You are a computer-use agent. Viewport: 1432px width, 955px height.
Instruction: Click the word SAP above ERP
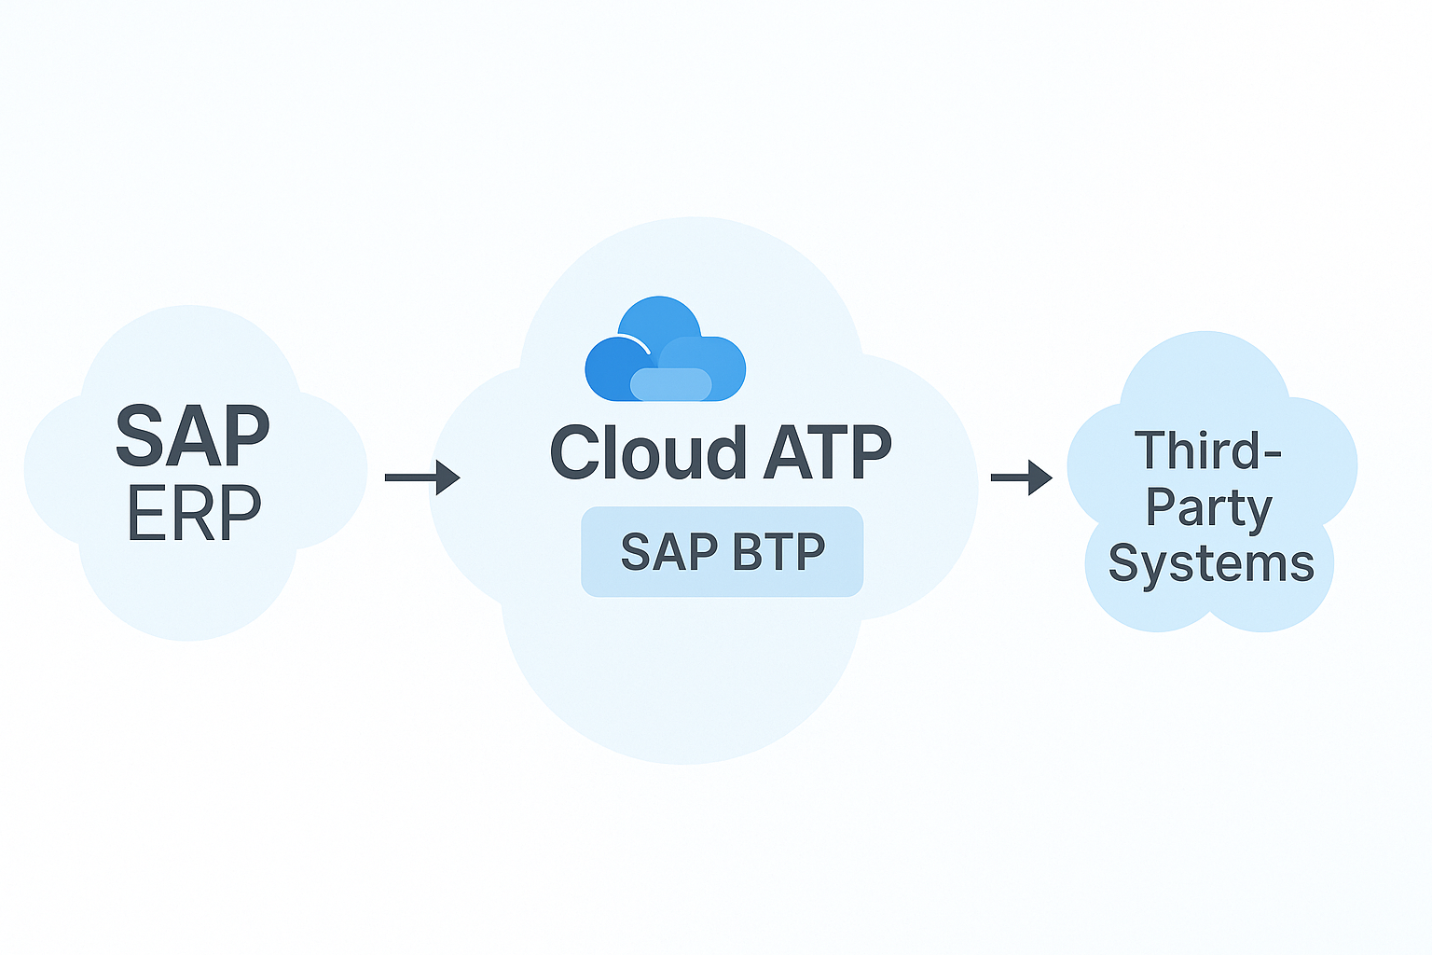[193, 436]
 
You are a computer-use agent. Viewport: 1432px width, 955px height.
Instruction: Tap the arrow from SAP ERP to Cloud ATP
[421, 477]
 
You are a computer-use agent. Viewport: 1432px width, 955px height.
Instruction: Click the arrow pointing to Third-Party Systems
[1021, 477]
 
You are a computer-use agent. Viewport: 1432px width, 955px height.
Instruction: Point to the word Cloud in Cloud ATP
[648, 453]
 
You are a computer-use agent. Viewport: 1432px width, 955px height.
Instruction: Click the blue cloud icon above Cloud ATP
[665, 350]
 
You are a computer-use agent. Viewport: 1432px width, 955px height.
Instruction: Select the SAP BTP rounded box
[723, 551]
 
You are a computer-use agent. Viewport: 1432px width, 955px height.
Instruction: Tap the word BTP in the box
[779, 552]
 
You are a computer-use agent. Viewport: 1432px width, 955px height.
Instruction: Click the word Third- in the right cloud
[1208, 450]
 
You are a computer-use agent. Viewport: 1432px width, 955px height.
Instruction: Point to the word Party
[1208, 509]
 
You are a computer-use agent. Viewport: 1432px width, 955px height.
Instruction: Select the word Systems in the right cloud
[1211, 564]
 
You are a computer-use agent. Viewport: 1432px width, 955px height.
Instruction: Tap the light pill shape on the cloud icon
[671, 384]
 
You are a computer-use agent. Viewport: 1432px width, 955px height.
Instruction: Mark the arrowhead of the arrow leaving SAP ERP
[449, 477]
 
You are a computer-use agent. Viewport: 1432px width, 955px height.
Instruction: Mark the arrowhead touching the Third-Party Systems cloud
[1041, 477]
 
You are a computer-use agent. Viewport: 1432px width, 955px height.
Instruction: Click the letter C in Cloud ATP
[577, 453]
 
